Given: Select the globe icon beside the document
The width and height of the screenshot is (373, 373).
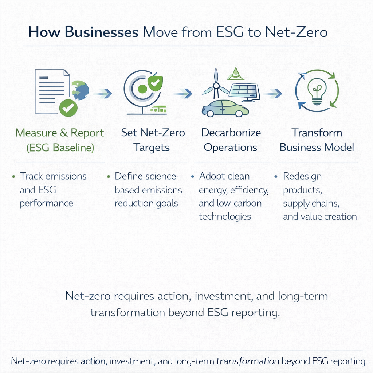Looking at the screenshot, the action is (x=81, y=90).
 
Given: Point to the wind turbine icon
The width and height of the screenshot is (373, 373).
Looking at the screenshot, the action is (x=216, y=86).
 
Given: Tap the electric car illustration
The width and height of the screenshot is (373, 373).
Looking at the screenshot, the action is (x=225, y=108).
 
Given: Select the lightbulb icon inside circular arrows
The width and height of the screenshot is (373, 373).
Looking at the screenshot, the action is (x=317, y=90).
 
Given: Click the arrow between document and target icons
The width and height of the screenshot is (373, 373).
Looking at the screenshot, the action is (x=103, y=94).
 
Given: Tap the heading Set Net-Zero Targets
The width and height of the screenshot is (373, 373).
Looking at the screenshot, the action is (x=153, y=140).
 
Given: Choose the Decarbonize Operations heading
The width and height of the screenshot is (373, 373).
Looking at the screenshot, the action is (x=231, y=140).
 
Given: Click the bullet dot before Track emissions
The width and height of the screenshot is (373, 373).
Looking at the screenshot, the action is (x=13, y=177).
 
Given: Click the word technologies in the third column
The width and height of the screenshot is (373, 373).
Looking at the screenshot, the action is (x=225, y=216).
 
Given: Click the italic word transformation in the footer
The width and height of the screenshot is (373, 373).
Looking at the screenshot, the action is (x=248, y=361).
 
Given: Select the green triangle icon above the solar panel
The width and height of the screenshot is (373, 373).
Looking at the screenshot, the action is (x=235, y=74).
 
